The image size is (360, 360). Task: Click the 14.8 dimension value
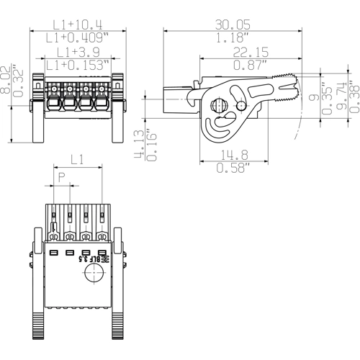tap(235, 155)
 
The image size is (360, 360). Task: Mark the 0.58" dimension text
tap(235, 168)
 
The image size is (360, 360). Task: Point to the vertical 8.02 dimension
tap(8, 76)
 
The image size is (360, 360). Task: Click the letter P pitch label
tap(62, 178)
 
